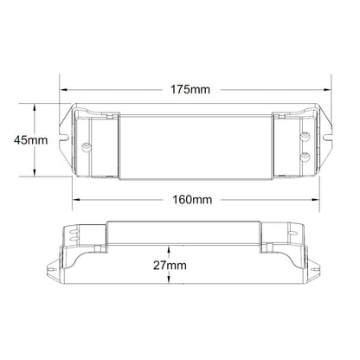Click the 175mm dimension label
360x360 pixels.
point(190,89)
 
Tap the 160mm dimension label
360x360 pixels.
point(192,200)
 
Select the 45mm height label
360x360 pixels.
point(31,140)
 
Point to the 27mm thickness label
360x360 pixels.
point(170,265)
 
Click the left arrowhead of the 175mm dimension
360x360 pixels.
point(63,90)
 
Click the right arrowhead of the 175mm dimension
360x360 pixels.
point(327,90)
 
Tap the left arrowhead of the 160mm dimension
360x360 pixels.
point(76,200)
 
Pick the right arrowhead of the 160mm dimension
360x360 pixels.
point(315,200)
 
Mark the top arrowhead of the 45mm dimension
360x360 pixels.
point(35,107)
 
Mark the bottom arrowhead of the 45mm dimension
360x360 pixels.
point(35,172)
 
